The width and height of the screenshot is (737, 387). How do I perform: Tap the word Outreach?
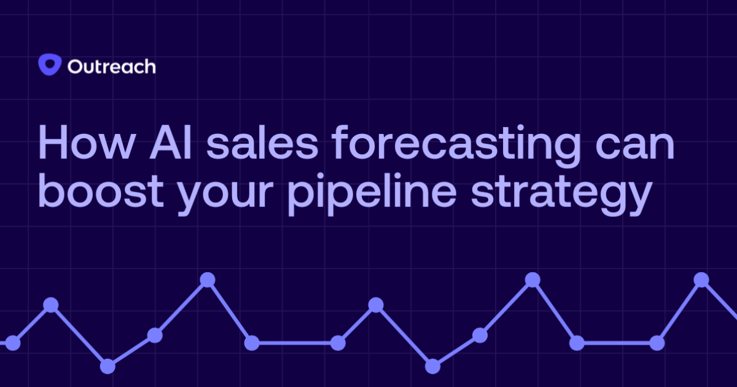pyautogui.click(x=111, y=66)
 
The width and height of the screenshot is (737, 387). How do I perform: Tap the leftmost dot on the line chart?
pyautogui.click(x=13, y=343)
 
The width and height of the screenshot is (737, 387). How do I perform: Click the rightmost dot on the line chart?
pyautogui.click(x=701, y=279)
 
